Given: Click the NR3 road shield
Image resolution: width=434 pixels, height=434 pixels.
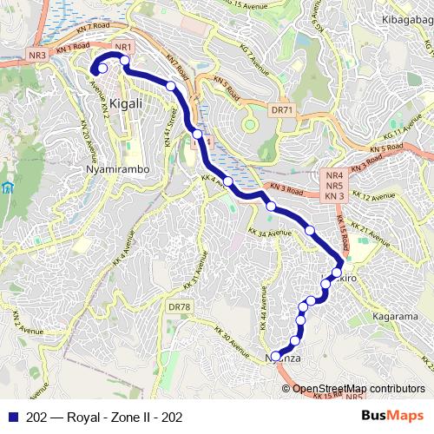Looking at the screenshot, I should [x=37, y=56].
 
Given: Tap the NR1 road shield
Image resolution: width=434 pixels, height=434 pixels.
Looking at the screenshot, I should [x=122, y=47].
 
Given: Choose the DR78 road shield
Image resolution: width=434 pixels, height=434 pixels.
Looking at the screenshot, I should [x=179, y=307].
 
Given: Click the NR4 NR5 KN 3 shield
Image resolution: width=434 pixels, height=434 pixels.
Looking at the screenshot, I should [x=335, y=186].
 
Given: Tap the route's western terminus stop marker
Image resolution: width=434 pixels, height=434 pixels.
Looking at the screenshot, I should [x=102, y=68].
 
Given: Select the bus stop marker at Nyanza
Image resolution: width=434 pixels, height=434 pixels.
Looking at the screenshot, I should [x=276, y=356].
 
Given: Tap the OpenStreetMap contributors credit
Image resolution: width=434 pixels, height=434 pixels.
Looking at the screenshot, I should [x=358, y=388].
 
